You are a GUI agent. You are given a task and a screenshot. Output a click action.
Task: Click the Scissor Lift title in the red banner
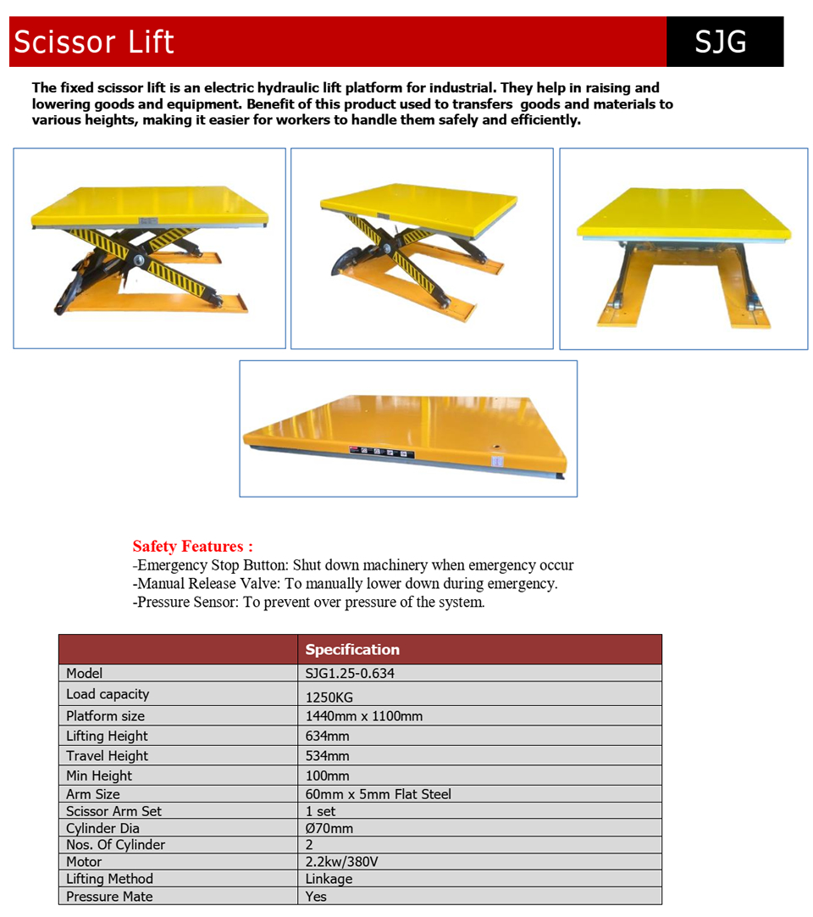point(94,42)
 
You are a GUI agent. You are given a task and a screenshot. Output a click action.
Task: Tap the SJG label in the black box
point(720,42)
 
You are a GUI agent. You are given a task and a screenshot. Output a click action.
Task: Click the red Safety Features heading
point(192,547)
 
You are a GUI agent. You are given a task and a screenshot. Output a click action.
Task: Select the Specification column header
point(352,650)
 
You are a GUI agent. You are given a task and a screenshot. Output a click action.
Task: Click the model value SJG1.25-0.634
point(350,674)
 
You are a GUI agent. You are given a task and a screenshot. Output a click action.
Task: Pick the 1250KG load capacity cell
point(329,697)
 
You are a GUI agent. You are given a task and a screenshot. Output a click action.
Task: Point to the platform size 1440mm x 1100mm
point(364,717)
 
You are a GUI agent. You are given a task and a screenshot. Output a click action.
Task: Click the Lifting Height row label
point(107,736)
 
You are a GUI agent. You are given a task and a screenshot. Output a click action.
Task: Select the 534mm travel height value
point(327,756)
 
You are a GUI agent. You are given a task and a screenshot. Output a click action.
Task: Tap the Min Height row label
point(99,775)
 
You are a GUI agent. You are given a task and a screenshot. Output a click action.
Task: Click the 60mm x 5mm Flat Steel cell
point(379,794)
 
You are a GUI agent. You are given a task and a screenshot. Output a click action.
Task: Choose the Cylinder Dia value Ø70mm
point(329,828)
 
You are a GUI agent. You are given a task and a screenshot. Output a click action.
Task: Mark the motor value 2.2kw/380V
point(341,862)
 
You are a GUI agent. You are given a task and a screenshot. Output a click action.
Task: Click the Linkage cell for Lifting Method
point(329,879)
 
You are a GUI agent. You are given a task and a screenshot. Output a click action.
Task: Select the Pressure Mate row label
point(109,897)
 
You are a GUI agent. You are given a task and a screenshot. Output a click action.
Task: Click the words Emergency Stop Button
point(212,565)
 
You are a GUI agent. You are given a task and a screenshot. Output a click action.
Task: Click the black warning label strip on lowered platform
point(382,453)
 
